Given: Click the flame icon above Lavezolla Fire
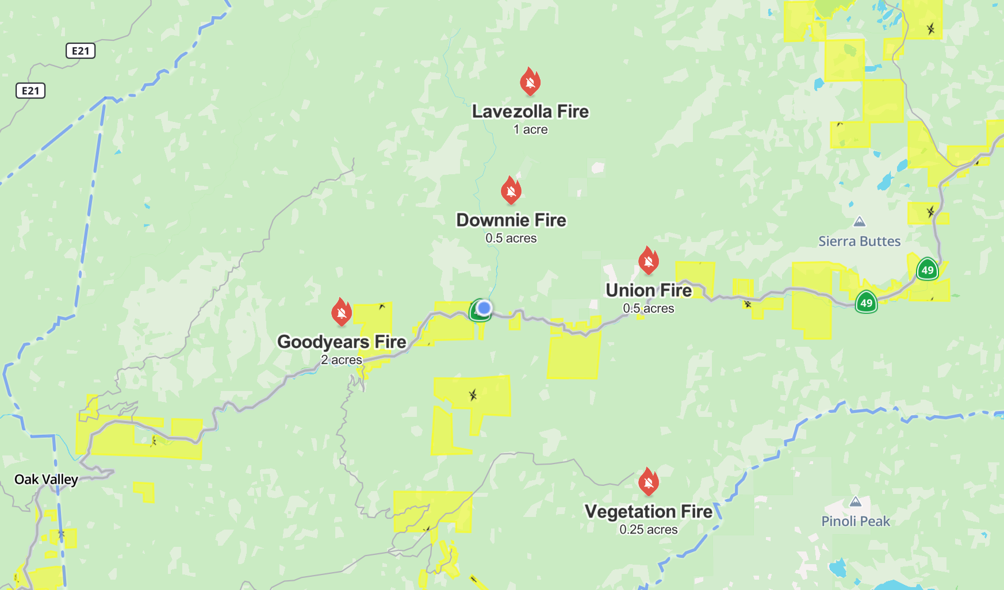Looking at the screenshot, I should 530,82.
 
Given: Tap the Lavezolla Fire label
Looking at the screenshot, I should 530,112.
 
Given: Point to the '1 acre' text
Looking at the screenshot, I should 530,130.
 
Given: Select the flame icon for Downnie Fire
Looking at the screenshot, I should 511,190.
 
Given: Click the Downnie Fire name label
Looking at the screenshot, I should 511,220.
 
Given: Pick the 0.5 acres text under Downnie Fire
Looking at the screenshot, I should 511,238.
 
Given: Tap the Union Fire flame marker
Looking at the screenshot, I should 648,260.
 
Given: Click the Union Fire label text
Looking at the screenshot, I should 648,290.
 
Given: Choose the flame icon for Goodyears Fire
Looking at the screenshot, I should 342,312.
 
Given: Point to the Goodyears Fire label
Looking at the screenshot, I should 342,342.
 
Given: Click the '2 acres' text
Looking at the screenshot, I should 342,360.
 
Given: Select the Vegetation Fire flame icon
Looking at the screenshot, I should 648,482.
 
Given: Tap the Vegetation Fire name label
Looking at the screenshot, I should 648,511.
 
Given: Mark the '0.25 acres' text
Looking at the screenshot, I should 648,530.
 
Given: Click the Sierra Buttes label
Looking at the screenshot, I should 859,242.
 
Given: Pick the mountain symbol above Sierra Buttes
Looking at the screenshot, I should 859,221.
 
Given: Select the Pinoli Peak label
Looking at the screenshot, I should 855,522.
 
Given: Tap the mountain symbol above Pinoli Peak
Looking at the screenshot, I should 855,502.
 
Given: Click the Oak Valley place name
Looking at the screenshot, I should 46,480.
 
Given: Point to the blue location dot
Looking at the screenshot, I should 484,308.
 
